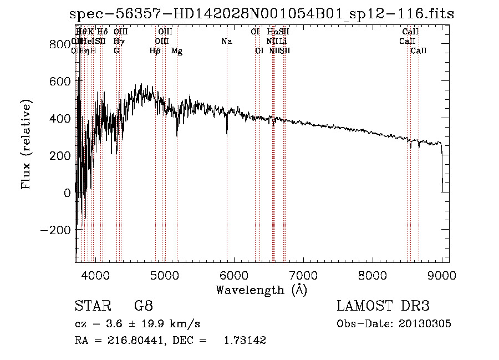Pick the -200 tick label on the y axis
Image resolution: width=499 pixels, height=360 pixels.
pyautogui.click(x=55, y=230)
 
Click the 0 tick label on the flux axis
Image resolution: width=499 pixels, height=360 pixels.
pyautogui.click(x=67, y=192)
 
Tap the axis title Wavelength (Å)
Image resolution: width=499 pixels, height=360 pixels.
pyautogui.click(x=261, y=290)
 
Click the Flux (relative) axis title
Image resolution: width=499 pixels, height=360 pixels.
pyautogui.click(x=26, y=145)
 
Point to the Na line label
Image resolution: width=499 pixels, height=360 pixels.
pyautogui.click(x=226, y=41)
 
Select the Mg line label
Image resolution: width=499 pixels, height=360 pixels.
pyautogui.click(x=177, y=51)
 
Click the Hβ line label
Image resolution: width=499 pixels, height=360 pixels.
pyautogui.click(x=155, y=51)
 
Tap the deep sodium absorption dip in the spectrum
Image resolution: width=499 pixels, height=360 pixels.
pyautogui.click(x=227, y=132)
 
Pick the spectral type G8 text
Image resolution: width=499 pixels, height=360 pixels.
pyautogui.click(x=144, y=306)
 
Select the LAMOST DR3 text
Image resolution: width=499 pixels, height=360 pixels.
pyautogui.click(x=383, y=306)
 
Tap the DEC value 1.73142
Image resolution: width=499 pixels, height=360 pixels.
pyautogui.click(x=244, y=340)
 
